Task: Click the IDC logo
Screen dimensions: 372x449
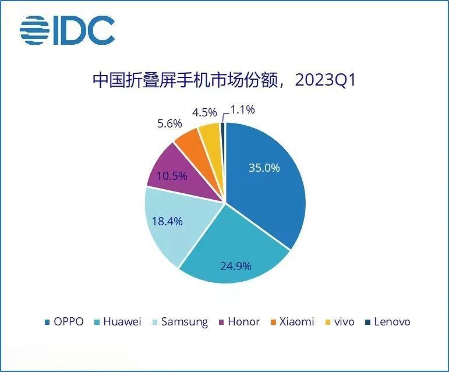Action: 67,30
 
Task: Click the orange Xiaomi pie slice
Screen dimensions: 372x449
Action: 190,143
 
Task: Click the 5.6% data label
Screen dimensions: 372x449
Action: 169,123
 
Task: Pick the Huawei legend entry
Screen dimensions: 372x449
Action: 119,321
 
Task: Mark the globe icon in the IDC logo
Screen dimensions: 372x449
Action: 34,30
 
